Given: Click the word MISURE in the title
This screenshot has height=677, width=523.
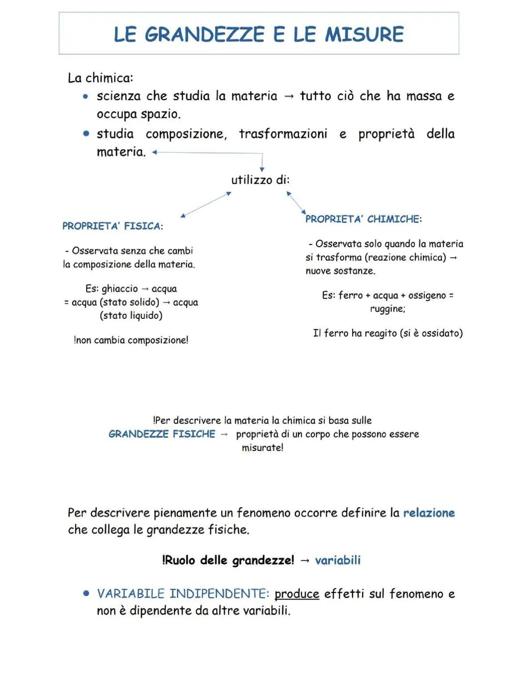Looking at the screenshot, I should pyautogui.click(x=364, y=34).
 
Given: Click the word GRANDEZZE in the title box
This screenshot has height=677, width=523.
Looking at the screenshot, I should pyautogui.click(x=205, y=34).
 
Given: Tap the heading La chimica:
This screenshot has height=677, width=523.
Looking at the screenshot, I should pyautogui.click(x=100, y=78).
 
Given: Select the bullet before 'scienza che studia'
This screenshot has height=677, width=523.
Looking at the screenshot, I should pyautogui.click(x=86, y=96).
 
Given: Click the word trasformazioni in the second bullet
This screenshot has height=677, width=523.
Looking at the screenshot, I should pyautogui.click(x=283, y=134).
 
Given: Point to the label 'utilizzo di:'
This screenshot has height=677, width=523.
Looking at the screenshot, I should pyautogui.click(x=260, y=180).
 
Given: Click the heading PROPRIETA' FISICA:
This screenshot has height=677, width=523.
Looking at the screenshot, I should pyautogui.click(x=112, y=226).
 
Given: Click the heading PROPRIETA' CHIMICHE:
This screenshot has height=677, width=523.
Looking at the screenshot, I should pyautogui.click(x=363, y=219).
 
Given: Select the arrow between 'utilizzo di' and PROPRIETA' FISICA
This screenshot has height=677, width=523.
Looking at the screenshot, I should pyautogui.click(x=206, y=205).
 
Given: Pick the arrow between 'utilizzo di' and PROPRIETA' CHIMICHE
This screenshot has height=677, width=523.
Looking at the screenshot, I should pyautogui.click(x=296, y=202).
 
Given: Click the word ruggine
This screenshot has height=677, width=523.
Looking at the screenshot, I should pyautogui.click(x=387, y=309).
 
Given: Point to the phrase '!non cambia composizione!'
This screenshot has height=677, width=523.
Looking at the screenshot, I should pyautogui.click(x=131, y=340).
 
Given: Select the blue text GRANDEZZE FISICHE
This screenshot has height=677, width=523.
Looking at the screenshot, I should pyautogui.click(x=162, y=434).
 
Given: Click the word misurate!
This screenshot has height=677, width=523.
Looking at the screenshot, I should pyautogui.click(x=262, y=448).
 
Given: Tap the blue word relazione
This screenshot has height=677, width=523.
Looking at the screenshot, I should pyautogui.click(x=429, y=513).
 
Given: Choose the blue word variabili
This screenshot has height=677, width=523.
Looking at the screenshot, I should pyautogui.click(x=338, y=560).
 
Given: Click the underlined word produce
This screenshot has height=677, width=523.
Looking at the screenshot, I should pyautogui.click(x=296, y=594).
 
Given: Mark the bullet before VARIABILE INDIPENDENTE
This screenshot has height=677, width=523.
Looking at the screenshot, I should pyautogui.click(x=86, y=593).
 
